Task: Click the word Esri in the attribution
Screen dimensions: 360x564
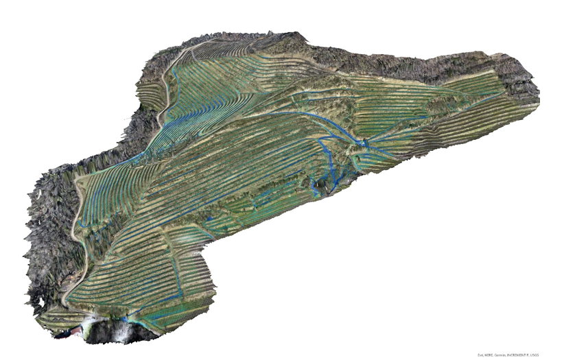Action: tap(481, 355)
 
